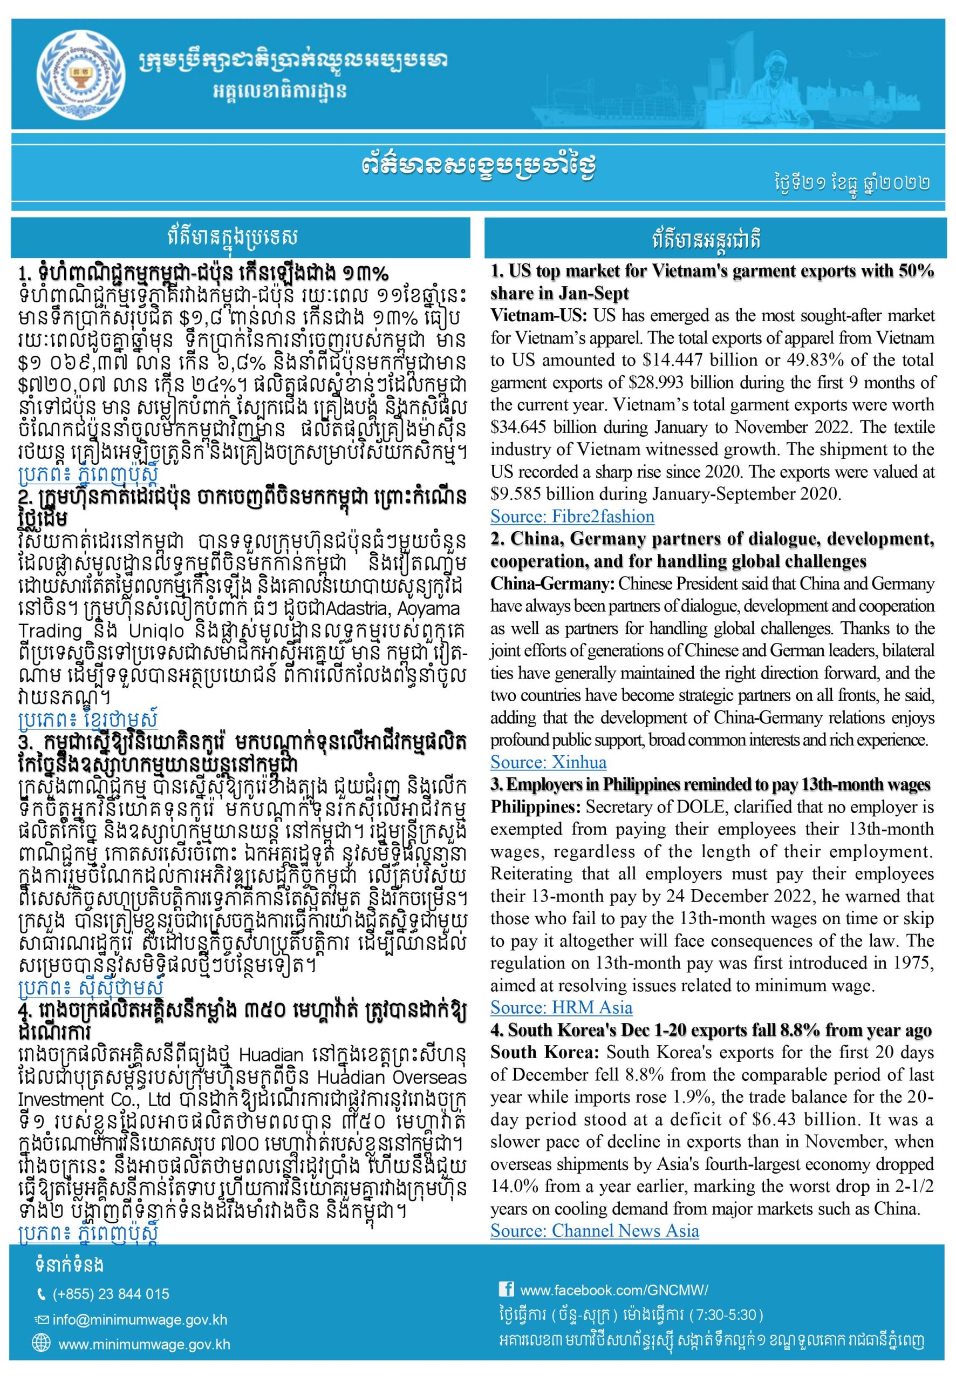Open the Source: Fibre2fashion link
pos(572,516)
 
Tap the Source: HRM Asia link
pos(561,1007)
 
